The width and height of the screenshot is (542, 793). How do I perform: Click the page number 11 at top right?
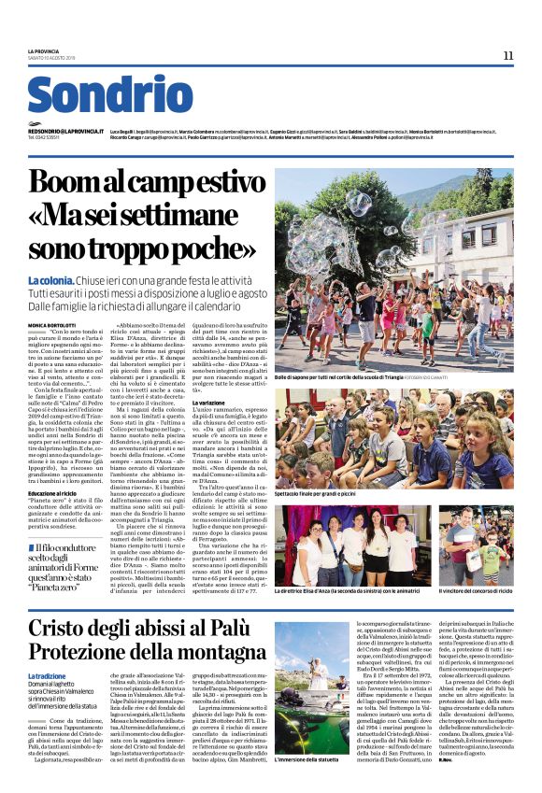pyautogui.click(x=508, y=56)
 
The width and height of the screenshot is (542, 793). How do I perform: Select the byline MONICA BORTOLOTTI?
pyautogui.click(x=51, y=324)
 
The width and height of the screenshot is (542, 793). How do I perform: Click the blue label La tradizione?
pyautogui.click(x=47, y=676)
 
